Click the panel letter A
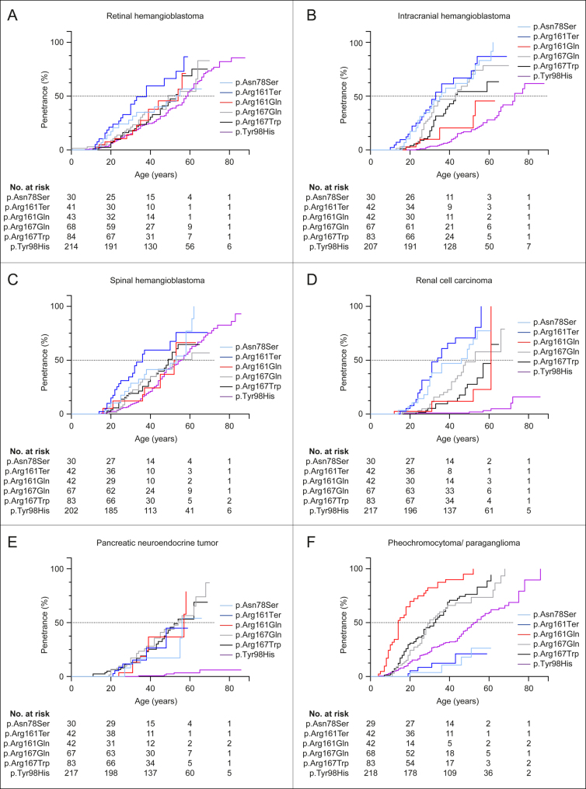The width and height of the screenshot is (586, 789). [14, 13]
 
